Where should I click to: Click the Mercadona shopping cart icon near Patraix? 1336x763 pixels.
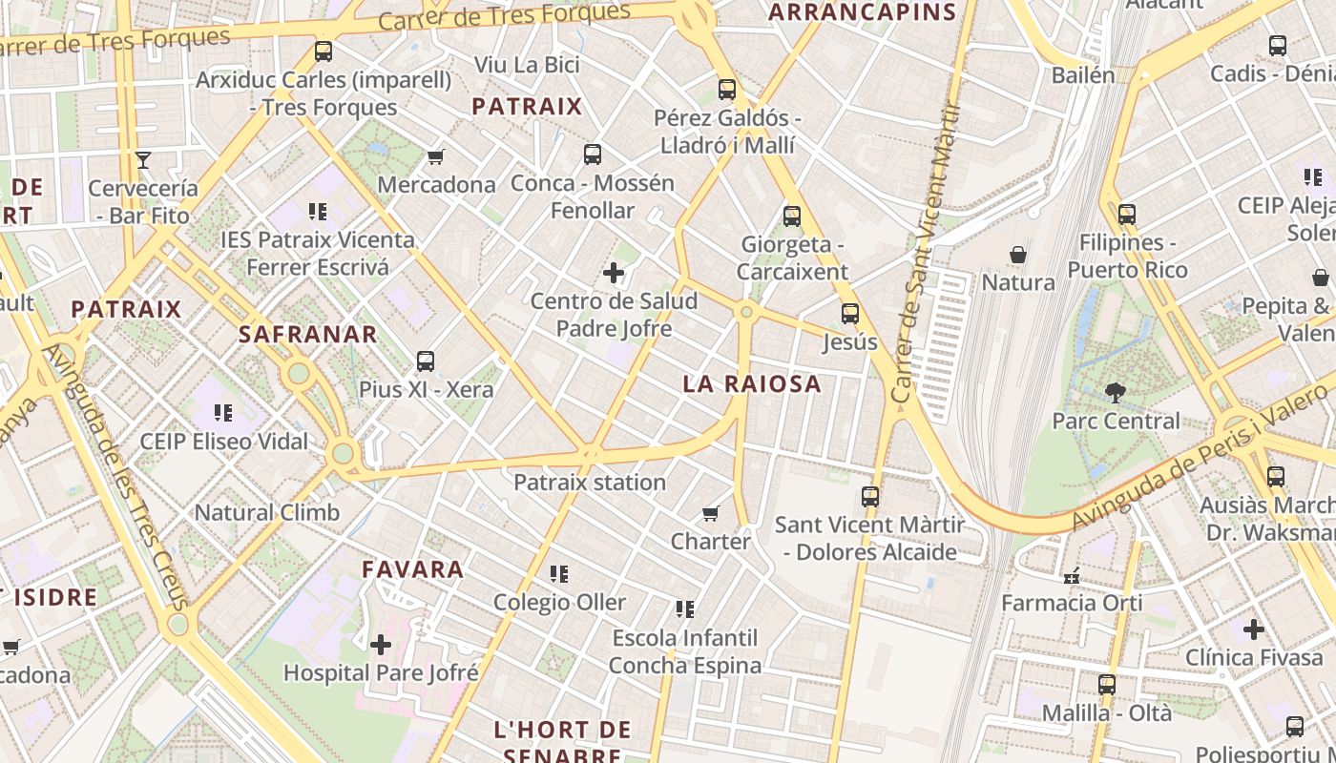[435, 156]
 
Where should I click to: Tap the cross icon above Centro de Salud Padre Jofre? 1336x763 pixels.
[614, 274]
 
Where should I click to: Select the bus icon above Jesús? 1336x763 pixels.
[849, 313]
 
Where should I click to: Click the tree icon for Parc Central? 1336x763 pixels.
[1115, 392]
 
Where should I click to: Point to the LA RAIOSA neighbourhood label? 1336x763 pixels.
[752, 383]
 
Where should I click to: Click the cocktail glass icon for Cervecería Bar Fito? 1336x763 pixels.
[143, 159]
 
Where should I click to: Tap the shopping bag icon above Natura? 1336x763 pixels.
[1018, 255]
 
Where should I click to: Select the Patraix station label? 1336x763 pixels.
[590, 482]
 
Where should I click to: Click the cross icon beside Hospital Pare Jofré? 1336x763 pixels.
[381, 645]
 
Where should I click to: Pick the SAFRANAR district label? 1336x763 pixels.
[308, 335]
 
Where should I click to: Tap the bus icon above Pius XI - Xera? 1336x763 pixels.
[426, 361]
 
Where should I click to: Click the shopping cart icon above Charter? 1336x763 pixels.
[710, 514]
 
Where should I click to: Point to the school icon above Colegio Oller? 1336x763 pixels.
[559, 574]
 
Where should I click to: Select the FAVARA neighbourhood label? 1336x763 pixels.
[412, 569]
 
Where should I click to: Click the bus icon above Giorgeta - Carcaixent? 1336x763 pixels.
[792, 217]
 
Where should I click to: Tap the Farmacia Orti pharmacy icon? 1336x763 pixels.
[1071, 575]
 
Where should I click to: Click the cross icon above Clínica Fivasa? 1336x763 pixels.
[1254, 629]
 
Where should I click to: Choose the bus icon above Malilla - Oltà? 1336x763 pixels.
[1107, 685]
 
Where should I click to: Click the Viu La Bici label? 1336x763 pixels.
[527, 65]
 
